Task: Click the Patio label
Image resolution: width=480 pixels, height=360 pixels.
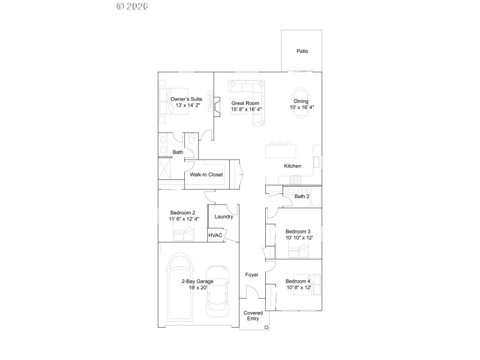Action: tap(302, 52)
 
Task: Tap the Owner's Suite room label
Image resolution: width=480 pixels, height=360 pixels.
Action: tap(186, 99)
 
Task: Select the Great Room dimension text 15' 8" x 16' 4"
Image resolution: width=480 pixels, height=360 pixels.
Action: tap(247, 109)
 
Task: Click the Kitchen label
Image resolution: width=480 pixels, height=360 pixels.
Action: tap(293, 166)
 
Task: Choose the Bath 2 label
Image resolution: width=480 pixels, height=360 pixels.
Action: tap(302, 196)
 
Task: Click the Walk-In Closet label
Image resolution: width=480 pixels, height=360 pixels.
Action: tap(206, 175)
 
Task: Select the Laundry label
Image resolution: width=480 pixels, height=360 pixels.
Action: tap(223, 217)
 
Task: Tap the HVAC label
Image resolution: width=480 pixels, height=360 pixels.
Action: tap(215, 235)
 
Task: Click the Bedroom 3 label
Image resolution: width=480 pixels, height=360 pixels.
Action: tap(298, 232)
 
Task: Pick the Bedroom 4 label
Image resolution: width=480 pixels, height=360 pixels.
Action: tap(298, 281)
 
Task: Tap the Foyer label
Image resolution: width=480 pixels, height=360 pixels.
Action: tap(252, 275)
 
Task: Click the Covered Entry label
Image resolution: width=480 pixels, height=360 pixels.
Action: tap(253, 316)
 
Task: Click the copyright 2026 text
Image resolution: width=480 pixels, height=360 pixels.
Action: tap(132, 6)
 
